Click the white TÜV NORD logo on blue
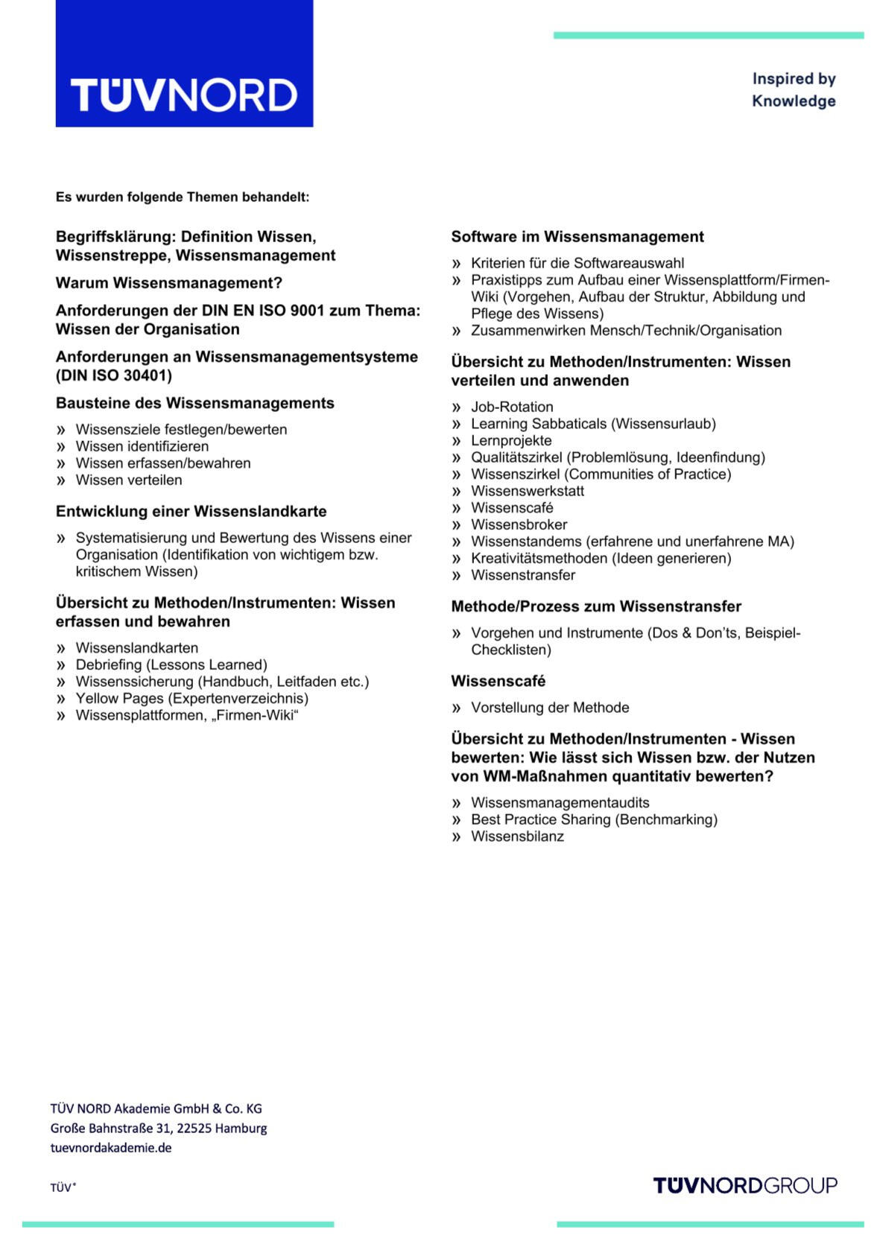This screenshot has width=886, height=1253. point(184,95)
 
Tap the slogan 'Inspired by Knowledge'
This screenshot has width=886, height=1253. point(793,89)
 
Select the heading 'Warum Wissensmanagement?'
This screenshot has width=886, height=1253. point(169,283)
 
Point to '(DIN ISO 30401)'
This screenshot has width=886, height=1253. point(114,375)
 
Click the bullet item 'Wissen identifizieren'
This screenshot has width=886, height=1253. point(142,446)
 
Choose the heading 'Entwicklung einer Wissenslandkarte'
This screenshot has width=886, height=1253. point(191,511)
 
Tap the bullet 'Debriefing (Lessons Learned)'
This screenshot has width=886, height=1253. point(171,664)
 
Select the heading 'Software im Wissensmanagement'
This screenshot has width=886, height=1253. point(577,237)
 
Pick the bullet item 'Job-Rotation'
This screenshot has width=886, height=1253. point(512,407)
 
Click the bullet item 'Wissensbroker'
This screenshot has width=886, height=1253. point(519,524)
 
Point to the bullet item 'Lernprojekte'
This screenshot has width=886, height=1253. point(511,440)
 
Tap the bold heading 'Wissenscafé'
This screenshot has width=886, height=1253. point(498,681)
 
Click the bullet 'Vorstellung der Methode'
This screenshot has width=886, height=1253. point(550,708)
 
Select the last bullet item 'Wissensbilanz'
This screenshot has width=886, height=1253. point(517,837)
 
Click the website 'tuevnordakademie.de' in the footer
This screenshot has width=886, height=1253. point(111,1148)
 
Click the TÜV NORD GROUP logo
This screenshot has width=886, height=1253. point(744,1185)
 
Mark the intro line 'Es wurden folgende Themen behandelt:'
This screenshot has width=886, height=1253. point(183,197)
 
